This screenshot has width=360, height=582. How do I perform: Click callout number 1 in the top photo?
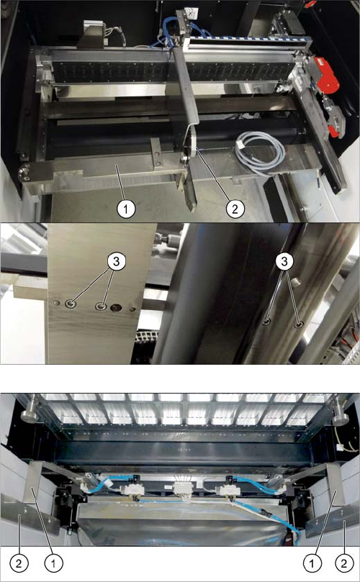(125, 209)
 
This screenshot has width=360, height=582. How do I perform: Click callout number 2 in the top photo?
(235, 209)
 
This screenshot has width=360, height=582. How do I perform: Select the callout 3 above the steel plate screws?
(117, 262)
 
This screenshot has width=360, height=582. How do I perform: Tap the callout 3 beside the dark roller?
(284, 262)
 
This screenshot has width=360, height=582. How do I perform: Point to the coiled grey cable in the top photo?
(261, 153)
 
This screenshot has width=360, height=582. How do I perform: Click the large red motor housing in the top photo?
(326, 75)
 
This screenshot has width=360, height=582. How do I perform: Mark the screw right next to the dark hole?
(100, 306)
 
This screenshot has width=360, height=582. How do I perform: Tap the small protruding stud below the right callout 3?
(294, 283)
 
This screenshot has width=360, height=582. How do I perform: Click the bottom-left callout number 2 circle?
(19, 563)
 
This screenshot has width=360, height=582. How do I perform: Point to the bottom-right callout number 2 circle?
(344, 563)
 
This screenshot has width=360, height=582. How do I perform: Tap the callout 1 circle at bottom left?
(53, 563)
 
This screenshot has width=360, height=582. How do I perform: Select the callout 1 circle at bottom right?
(311, 563)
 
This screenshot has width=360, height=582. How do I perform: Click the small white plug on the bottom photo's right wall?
(340, 447)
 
